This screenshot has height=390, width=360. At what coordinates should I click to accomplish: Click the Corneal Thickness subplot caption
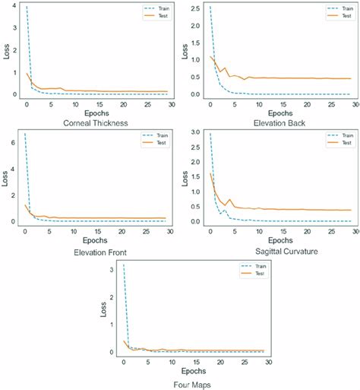point(90,121)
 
